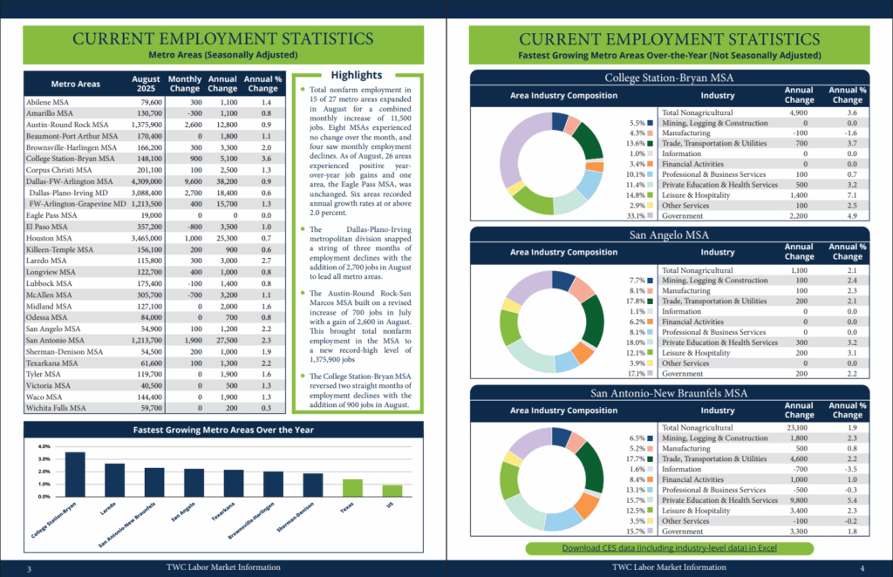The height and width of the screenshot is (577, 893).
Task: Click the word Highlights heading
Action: (x=357, y=75)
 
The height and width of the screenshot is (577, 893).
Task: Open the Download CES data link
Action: (x=669, y=548)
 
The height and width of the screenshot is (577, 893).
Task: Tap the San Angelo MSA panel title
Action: (x=669, y=234)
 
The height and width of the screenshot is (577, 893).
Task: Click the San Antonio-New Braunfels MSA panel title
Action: (x=669, y=392)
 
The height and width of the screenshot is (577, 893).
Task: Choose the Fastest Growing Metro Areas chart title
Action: (x=222, y=430)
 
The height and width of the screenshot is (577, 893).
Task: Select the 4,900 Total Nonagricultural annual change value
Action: (x=799, y=112)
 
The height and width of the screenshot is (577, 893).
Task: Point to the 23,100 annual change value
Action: (x=799, y=428)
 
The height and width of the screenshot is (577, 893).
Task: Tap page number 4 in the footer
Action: (x=862, y=567)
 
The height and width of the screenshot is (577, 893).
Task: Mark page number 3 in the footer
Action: (x=30, y=568)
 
